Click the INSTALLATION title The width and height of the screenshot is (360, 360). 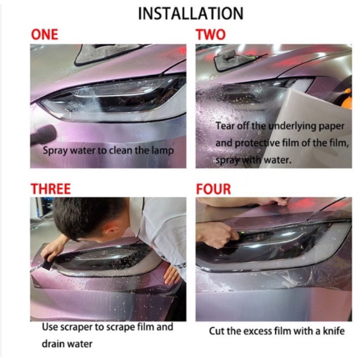tap(190, 13)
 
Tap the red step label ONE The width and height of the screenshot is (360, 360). tap(45, 35)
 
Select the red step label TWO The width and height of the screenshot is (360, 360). tap(211, 35)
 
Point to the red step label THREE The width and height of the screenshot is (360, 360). tap(51, 189)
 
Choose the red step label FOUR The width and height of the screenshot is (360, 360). tap(213, 189)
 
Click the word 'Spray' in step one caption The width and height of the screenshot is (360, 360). tap(55, 151)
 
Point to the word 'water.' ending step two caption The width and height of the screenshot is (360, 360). tap(277, 160)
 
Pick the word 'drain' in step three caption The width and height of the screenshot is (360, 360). tap(52, 344)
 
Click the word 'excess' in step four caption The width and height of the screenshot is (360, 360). tap(258, 331)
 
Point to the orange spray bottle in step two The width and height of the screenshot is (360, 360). tap(347, 100)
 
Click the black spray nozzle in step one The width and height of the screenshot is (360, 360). tap(42, 135)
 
